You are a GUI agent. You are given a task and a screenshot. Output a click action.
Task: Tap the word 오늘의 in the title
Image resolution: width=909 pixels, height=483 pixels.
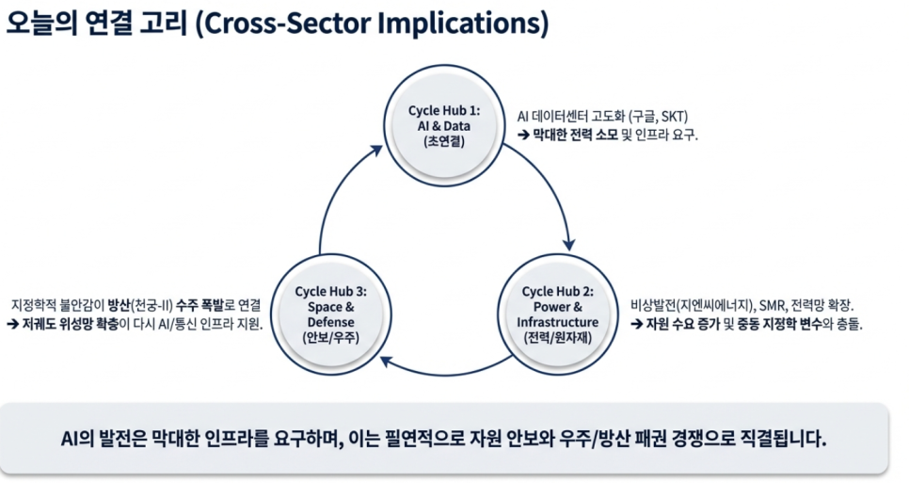point(41,24)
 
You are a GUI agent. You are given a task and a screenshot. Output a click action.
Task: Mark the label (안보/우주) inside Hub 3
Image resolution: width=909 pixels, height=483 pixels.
point(330,338)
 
